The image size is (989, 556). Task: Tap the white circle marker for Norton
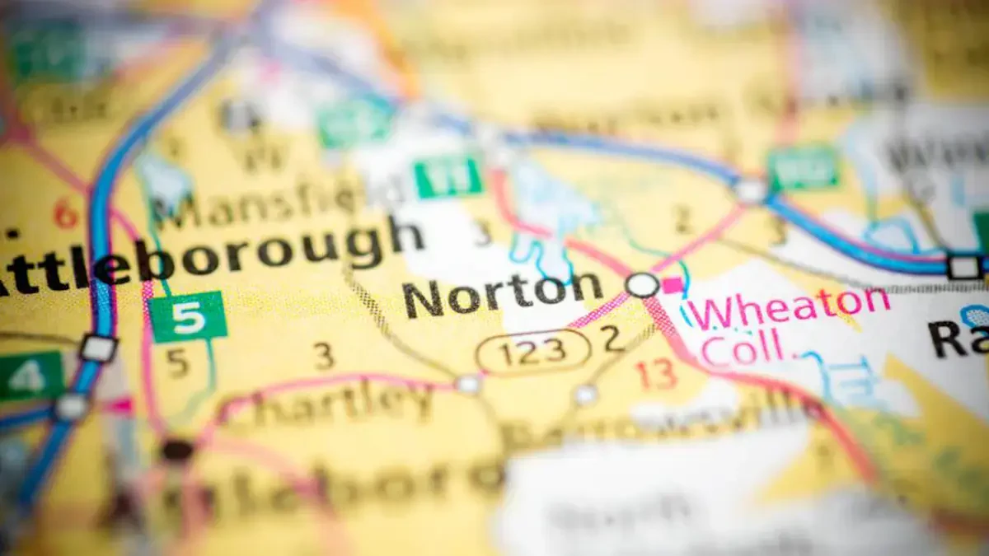coord(643,285)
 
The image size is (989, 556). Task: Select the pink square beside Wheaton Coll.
coord(673,285)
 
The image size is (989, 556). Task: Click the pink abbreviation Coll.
coord(742,347)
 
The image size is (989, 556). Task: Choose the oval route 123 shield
coord(533,351)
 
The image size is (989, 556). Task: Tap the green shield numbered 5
coord(188,317)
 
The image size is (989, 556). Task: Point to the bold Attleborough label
coord(206,251)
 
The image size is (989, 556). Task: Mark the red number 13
coord(656,375)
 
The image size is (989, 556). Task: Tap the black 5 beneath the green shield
coord(177,363)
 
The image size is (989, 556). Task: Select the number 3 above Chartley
coord(325,356)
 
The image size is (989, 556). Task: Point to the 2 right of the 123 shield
coord(611,339)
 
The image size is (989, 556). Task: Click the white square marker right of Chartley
coord(468,384)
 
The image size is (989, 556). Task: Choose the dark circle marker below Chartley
coord(176,450)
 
